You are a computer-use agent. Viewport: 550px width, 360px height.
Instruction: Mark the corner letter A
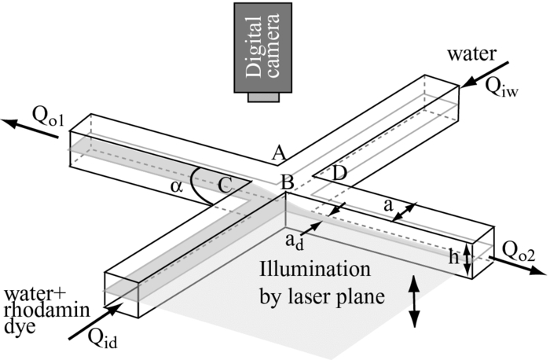(x=277, y=155)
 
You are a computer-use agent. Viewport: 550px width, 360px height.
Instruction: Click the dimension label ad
(x=291, y=238)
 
